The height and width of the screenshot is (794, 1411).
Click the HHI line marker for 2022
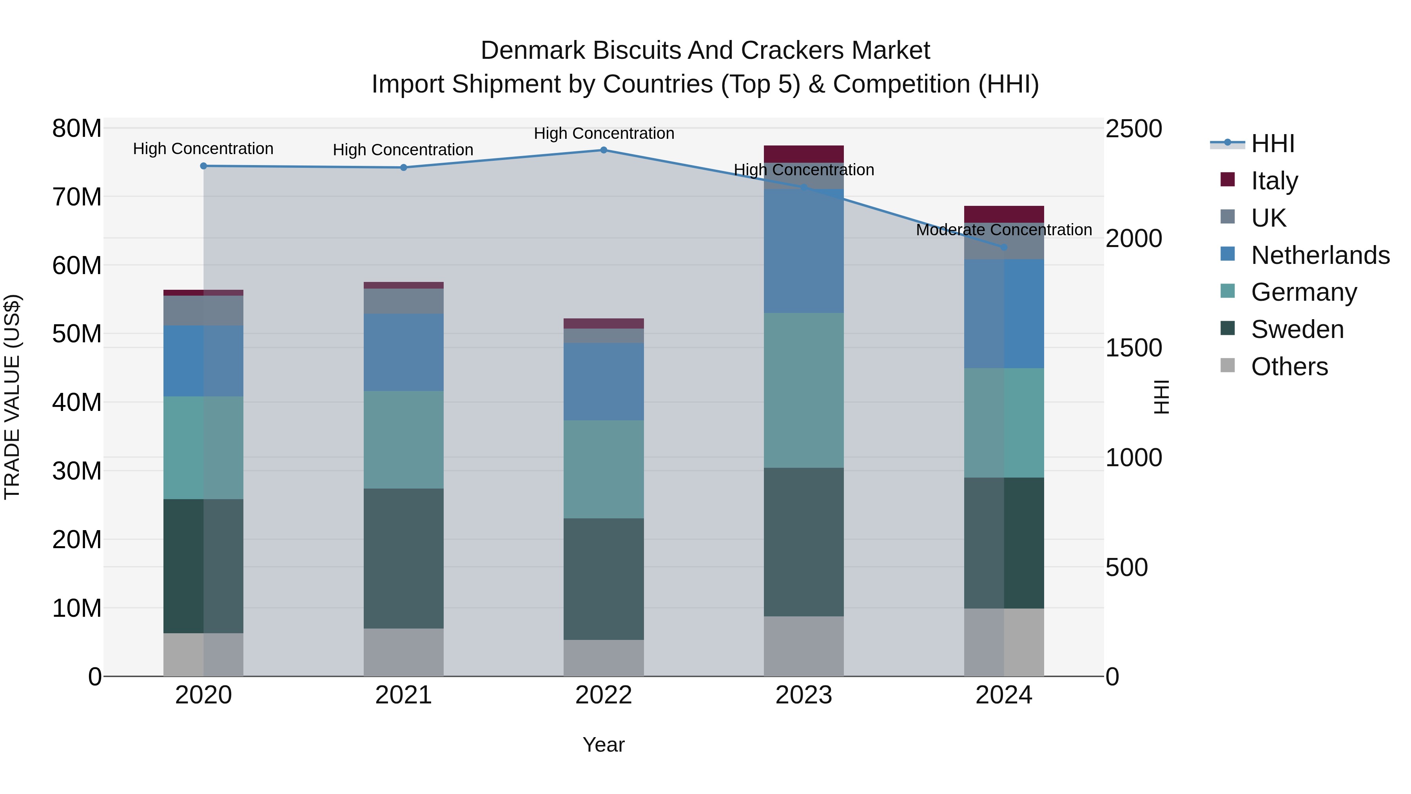click(x=604, y=150)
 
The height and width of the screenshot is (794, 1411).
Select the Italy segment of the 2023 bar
click(x=803, y=154)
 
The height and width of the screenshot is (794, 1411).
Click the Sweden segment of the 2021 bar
click(x=404, y=558)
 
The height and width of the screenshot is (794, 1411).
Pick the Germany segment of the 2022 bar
click(x=604, y=470)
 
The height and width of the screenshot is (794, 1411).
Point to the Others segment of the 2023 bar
click(x=803, y=647)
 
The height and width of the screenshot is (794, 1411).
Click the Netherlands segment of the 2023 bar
click(x=803, y=251)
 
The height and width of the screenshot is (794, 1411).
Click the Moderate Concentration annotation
click(x=1004, y=230)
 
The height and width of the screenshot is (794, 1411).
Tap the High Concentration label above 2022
click(x=604, y=134)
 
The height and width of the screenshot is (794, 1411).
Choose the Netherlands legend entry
click(x=1320, y=255)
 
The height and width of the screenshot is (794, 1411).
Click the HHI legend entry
click(x=1272, y=144)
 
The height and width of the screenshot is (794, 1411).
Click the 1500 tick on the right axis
click(x=1133, y=348)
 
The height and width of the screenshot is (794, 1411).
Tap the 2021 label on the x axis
click(x=404, y=695)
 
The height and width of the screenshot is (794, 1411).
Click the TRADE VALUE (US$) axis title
click(x=13, y=397)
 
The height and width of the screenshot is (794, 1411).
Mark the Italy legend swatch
click(x=1228, y=180)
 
